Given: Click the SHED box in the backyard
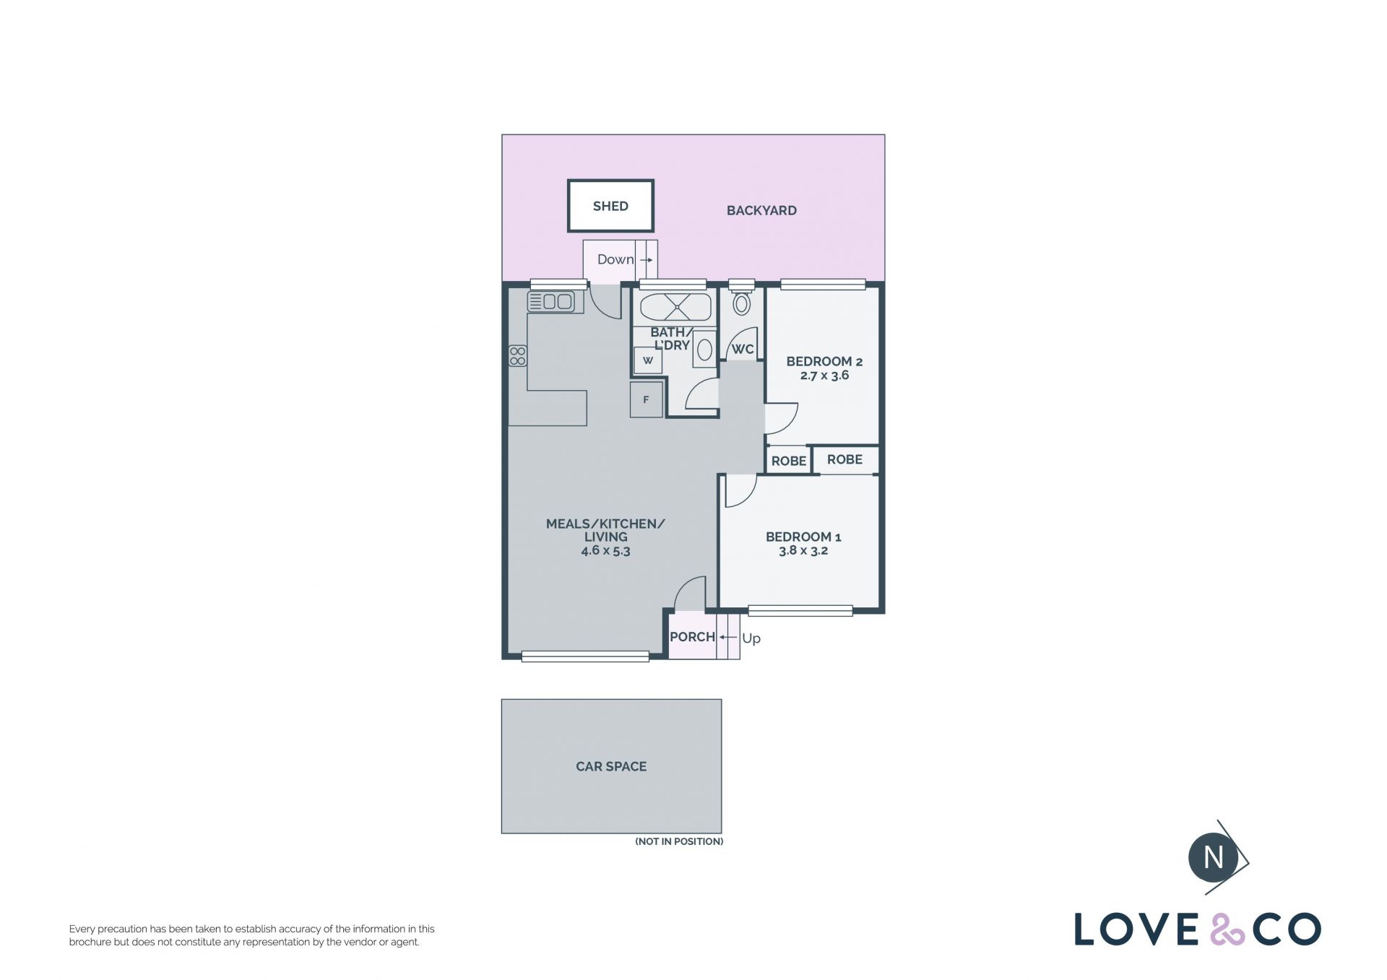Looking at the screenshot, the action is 610,206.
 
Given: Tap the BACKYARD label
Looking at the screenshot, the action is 761,211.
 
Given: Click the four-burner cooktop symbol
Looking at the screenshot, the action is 517,356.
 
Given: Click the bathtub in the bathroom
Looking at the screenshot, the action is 675,307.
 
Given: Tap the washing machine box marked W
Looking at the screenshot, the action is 648,360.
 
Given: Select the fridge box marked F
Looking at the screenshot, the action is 646,399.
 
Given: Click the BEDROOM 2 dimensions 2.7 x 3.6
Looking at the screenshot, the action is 824,376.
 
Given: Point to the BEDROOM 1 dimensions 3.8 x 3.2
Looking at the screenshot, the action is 803,550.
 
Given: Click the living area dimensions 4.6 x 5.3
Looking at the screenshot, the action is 605,550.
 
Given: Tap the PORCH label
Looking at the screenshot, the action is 692,637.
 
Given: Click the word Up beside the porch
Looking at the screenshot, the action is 751,638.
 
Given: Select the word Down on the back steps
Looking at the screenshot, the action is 615,259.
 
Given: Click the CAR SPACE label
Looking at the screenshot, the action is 611,766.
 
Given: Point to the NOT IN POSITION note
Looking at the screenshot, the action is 679,841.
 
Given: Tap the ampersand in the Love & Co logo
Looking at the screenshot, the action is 1228,929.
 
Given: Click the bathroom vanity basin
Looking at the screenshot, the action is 704,350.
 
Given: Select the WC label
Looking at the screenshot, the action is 743,350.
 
